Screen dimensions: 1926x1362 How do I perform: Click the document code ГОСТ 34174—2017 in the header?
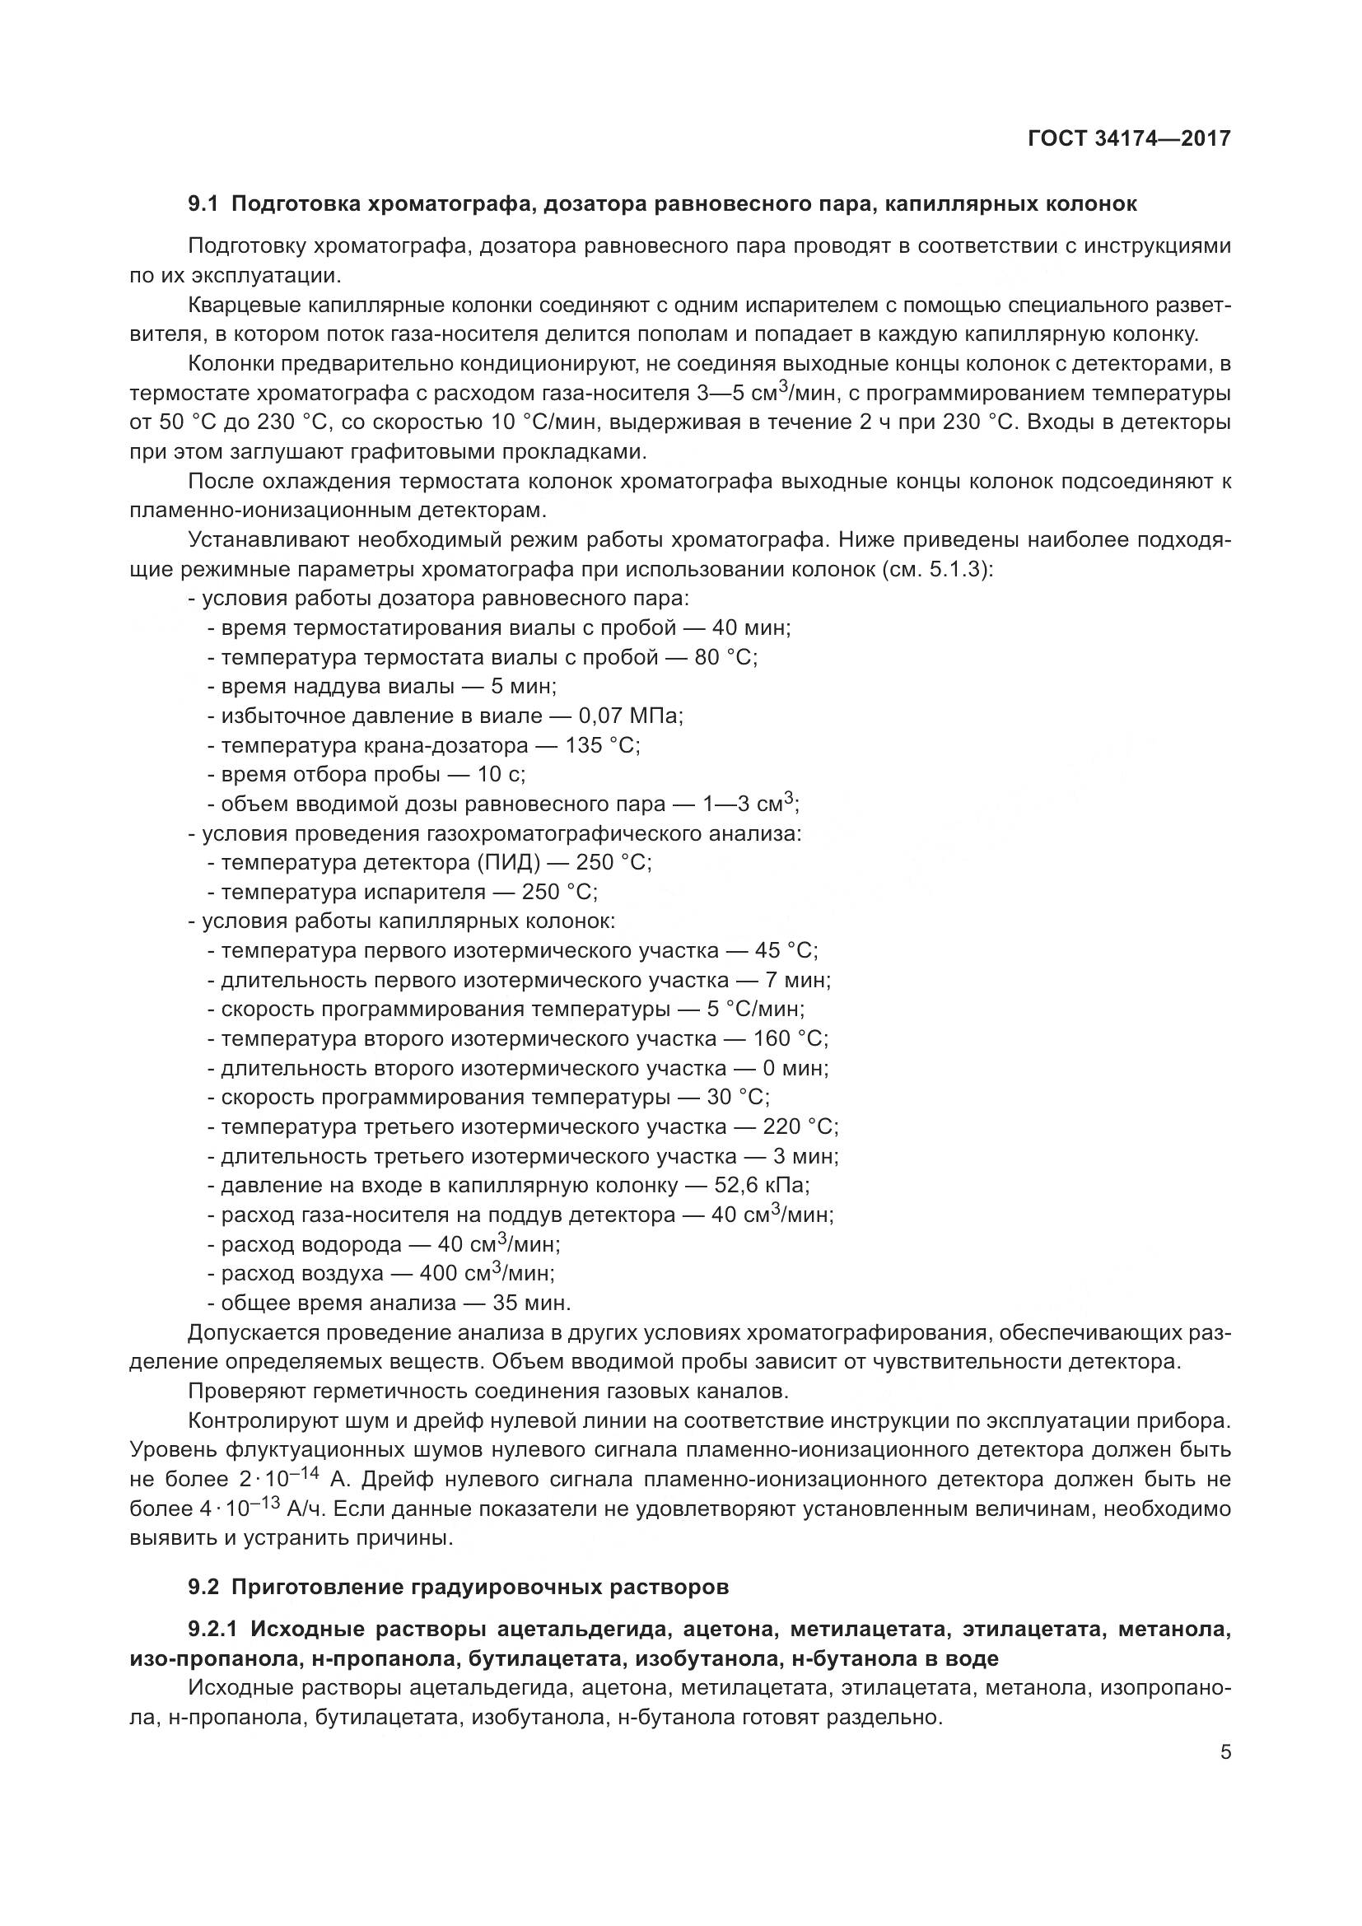coord(1129,139)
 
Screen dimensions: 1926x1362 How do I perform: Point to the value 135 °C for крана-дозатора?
coord(602,746)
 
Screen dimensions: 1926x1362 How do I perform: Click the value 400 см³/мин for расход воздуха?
coord(487,1274)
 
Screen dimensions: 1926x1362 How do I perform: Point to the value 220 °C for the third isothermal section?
coord(800,1127)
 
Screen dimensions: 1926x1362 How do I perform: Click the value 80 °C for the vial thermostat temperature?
coord(725,658)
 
